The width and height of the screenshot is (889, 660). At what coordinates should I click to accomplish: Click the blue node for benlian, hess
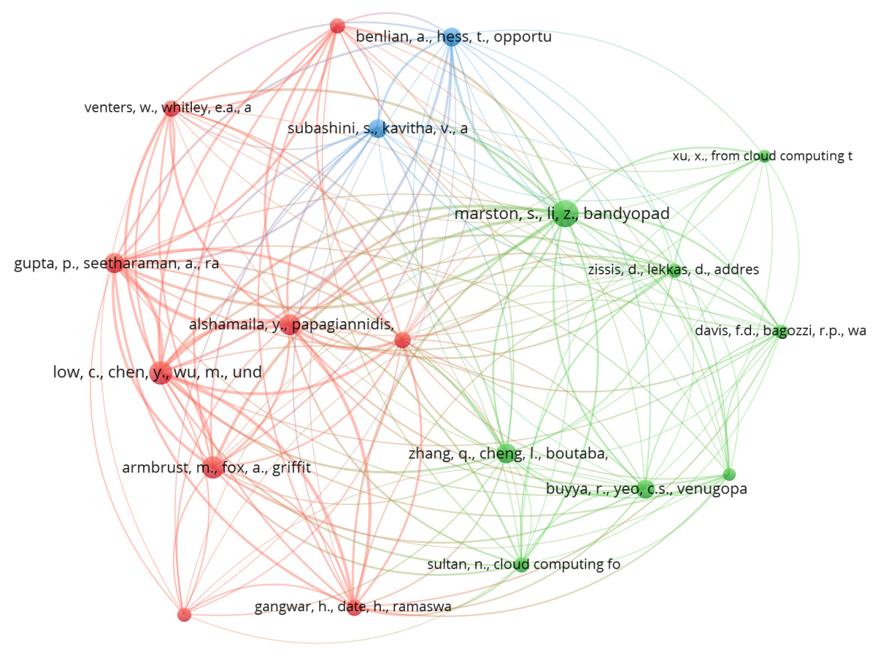451,37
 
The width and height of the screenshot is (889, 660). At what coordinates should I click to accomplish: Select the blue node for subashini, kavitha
377,128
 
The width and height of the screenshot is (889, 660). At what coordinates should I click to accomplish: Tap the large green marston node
564,214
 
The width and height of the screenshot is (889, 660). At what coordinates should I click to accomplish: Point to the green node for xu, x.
764,156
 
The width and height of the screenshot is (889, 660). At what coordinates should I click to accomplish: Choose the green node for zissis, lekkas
673,270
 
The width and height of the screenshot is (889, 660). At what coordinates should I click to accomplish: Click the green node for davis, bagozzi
780,332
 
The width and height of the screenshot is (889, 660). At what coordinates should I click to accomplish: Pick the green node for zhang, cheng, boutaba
506,453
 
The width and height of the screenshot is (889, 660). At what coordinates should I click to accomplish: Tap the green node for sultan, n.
522,564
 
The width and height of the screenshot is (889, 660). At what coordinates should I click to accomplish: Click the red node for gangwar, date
355,607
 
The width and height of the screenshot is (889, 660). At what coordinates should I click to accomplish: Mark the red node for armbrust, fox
212,468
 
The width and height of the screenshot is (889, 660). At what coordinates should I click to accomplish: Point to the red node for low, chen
160,371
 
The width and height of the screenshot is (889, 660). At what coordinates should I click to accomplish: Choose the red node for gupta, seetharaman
114,263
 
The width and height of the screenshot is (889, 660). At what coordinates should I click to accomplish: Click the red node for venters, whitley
171,108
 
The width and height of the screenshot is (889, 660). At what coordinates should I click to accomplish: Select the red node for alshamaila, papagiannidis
289,324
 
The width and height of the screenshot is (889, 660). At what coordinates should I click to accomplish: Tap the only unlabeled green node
729,474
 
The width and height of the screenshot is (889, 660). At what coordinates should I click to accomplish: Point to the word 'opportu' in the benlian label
525,37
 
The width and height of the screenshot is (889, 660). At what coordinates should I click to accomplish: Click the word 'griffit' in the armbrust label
285,468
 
